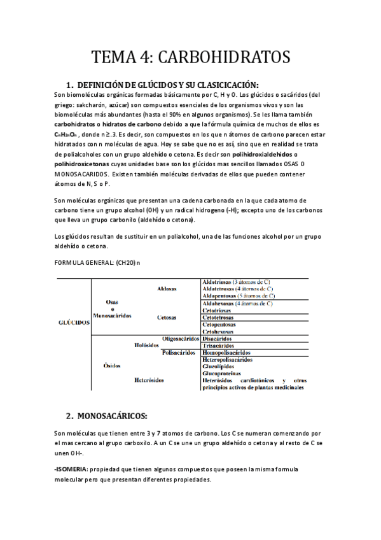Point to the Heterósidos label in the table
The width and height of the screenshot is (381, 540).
149,380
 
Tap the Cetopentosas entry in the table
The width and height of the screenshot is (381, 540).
220,324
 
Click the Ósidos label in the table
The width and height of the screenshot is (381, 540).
112,366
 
